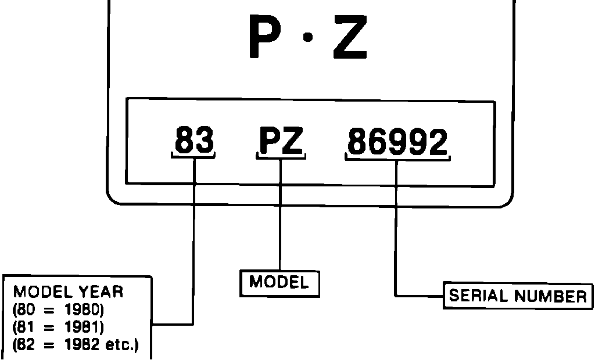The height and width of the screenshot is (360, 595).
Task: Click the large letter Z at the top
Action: pyautogui.click(x=349, y=38)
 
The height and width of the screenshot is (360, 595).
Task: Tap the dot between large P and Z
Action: pyautogui.click(x=309, y=38)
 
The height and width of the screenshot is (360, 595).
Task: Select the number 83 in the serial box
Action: pyautogui.click(x=194, y=141)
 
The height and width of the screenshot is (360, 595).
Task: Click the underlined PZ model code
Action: pyautogui.click(x=281, y=142)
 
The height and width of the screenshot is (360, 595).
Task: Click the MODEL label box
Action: pyautogui.click(x=279, y=283)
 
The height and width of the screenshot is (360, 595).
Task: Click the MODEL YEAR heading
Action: pyautogui.click(x=69, y=291)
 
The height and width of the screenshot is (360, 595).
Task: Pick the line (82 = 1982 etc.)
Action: pyautogui.click(x=75, y=347)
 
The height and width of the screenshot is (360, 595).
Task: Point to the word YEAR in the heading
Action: pyautogui.click(x=101, y=291)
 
